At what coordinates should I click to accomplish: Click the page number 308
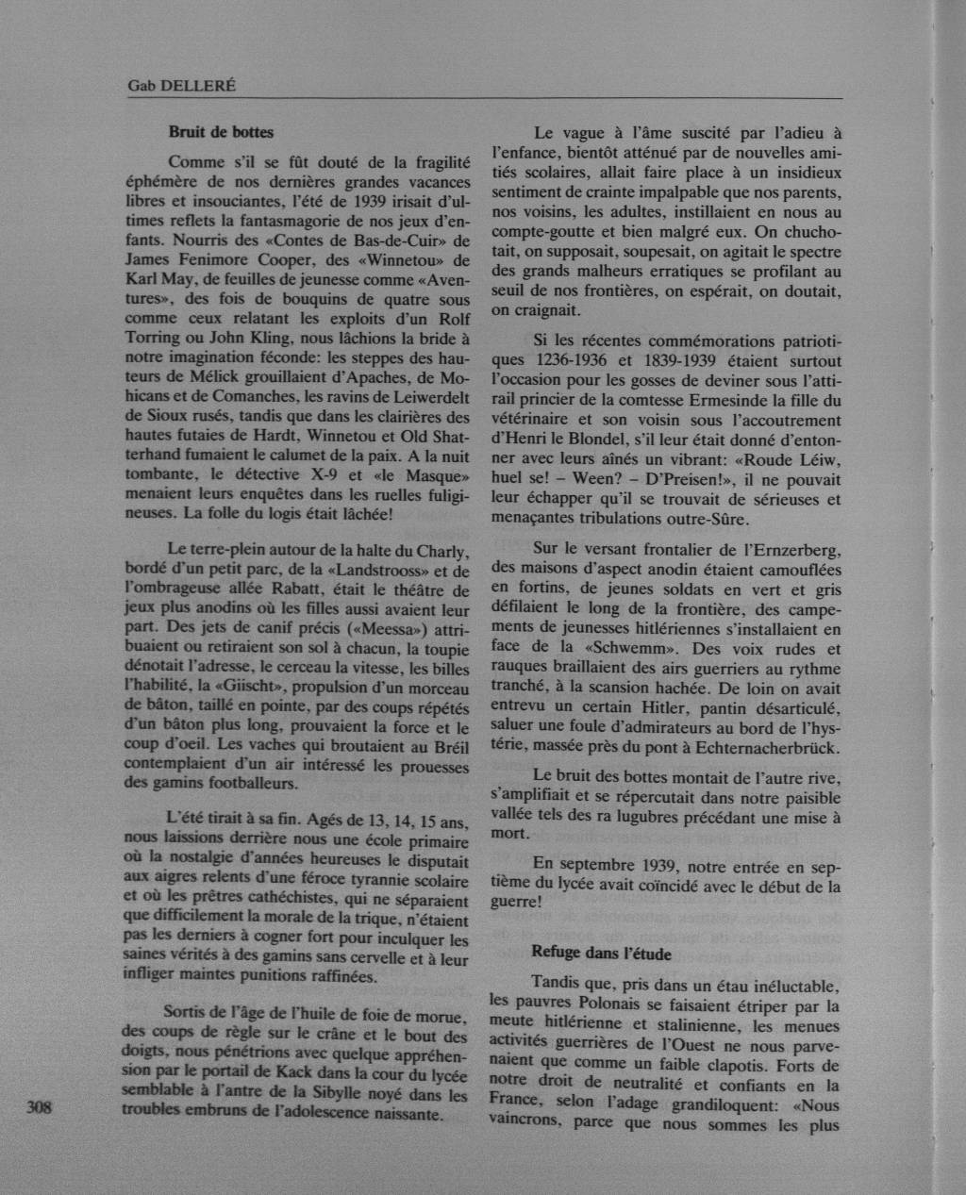39,1107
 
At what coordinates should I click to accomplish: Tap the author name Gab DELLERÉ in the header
182,86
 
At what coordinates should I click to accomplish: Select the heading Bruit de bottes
221,132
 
